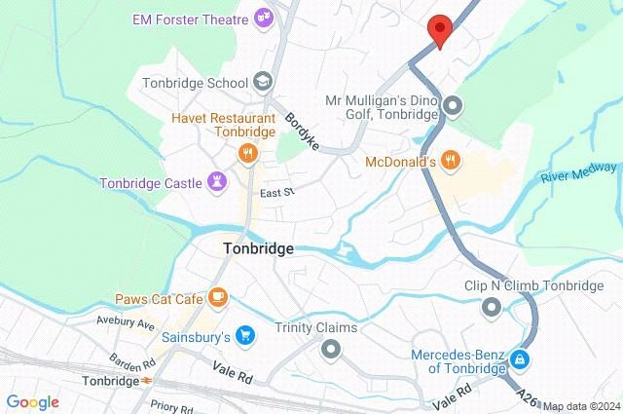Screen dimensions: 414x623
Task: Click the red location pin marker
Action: pyautogui.click(x=440, y=31)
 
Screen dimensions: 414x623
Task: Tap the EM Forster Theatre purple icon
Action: pyautogui.click(x=262, y=17)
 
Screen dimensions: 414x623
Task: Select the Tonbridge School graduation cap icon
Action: pyautogui.click(x=262, y=82)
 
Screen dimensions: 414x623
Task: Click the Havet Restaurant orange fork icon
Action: pyautogui.click(x=248, y=152)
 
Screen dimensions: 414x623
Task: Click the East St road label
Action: pyautogui.click(x=276, y=193)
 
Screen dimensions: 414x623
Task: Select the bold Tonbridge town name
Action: pyautogui.click(x=257, y=248)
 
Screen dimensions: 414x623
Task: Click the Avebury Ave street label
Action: pyautogui.click(x=126, y=321)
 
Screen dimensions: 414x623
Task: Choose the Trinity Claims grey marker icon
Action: pyautogui.click(x=331, y=348)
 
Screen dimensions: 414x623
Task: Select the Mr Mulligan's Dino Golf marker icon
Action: pyautogui.click(x=452, y=105)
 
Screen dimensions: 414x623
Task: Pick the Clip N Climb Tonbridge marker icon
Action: pyautogui.click(x=492, y=308)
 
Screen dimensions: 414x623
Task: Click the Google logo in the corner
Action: pyautogui.click(x=32, y=401)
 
